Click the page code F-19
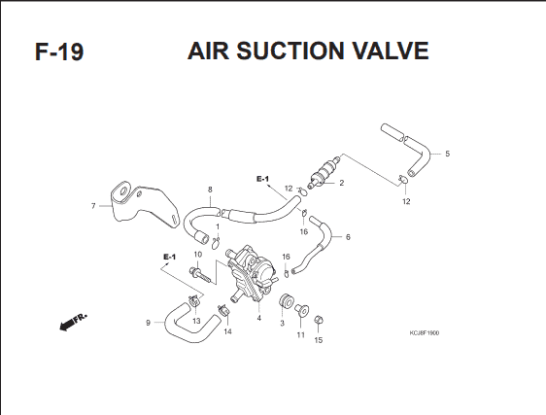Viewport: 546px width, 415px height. [59, 52]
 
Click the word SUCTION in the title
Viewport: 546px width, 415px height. [290, 51]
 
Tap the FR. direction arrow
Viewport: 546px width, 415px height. [73, 322]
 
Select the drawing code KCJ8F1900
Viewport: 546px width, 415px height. [425, 332]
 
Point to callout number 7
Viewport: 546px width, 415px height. [93, 206]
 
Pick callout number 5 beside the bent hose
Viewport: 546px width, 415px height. [448, 154]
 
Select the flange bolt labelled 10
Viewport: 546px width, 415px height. [200, 275]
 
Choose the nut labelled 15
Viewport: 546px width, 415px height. [318, 320]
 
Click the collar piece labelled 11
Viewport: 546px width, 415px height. [301, 310]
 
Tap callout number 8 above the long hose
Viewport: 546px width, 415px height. [210, 190]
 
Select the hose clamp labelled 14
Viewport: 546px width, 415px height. [223, 311]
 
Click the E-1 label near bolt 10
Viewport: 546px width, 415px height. [170, 258]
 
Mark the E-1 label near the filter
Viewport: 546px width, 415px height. [263, 179]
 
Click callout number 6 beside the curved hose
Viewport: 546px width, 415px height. [348, 237]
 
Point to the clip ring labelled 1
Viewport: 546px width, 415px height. [216, 244]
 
